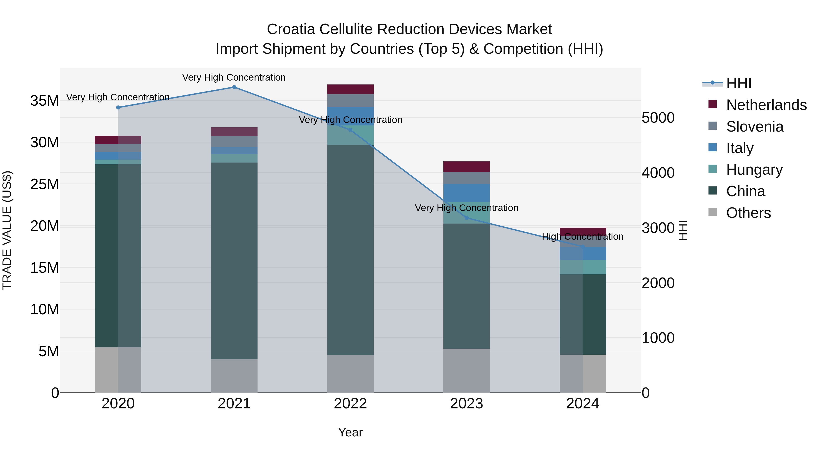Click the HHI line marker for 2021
[x=234, y=87]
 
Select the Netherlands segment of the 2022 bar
[x=350, y=89]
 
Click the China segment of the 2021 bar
[x=234, y=261]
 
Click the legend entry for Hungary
[x=754, y=170]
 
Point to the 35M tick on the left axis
[x=45, y=101]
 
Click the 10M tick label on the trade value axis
[x=45, y=310]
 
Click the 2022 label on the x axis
[x=350, y=404]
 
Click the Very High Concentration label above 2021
[x=234, y=77]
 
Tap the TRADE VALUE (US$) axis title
[x=7, y=230]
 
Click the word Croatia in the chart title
[x=291, y=29]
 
